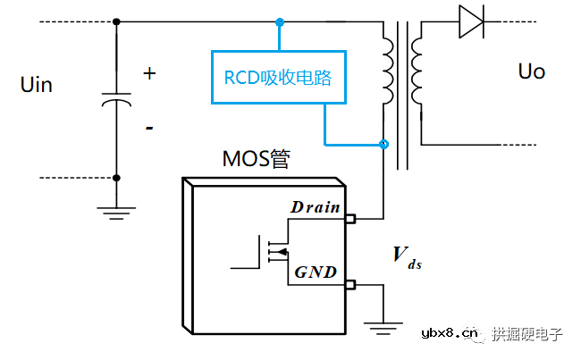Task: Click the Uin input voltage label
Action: [36, 85]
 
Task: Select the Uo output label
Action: [531, 71]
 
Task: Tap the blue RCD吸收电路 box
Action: [280, 79]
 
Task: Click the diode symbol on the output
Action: [471, 21]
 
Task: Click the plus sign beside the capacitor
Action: [149, 74]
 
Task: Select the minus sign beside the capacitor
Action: [148, 128]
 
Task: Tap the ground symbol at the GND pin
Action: [384, 326]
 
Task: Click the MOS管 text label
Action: [256, 159]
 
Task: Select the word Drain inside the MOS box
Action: [315, 208]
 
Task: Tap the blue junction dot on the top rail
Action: [280, 21]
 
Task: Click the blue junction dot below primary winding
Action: [384, 144]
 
